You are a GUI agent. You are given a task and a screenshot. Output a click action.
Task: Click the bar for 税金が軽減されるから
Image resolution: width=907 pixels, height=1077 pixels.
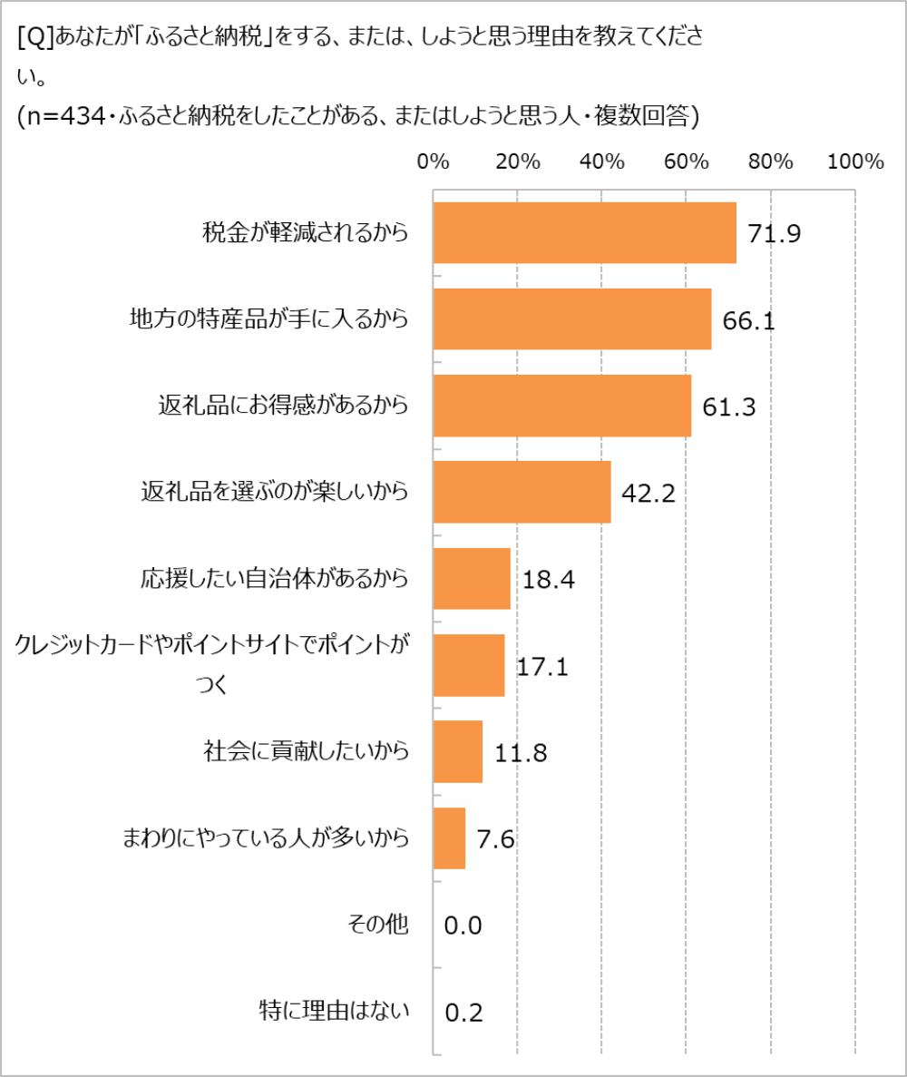[584, 232]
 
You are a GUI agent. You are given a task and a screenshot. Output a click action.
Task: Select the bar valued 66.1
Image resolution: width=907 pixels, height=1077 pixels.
[572, 319]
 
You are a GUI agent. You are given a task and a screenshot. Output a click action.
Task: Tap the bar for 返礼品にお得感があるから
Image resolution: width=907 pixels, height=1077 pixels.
[562, 406]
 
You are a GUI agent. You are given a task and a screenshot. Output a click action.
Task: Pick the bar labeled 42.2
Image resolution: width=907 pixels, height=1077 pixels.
[522, 492]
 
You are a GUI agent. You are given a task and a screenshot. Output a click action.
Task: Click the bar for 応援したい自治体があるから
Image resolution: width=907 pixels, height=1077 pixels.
[472, 579]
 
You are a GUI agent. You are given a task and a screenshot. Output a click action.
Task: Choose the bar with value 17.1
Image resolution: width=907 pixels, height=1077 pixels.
[469, 665]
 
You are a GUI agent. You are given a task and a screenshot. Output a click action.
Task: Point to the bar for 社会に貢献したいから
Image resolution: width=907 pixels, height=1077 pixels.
[458, 751]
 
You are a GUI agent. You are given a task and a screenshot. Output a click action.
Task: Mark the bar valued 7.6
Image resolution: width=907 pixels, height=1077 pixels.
[449, 838]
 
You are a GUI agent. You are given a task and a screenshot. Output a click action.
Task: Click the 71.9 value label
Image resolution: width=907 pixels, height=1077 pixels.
[774, 234]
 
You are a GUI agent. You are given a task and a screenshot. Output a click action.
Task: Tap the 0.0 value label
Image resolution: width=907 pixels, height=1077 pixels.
[463, 925]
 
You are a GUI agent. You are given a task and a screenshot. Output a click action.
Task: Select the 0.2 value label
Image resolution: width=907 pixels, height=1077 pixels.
[463, 1012]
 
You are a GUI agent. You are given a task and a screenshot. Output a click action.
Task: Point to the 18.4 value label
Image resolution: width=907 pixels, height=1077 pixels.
[550, 579]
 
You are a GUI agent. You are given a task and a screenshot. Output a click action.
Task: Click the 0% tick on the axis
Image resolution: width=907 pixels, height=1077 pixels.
[434, 162]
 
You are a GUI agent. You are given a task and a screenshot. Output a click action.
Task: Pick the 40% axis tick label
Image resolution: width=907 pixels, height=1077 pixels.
[602, 162]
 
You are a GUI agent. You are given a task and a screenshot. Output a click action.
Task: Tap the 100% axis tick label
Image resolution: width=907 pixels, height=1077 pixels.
[855, 162]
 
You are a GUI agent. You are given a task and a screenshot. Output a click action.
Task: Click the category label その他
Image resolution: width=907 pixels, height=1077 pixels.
[378, 925]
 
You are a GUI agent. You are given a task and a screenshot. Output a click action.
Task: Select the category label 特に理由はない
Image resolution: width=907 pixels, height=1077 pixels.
[335, 1011]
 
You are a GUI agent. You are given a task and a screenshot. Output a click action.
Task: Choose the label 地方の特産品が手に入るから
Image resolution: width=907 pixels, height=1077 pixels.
[269, 319]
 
